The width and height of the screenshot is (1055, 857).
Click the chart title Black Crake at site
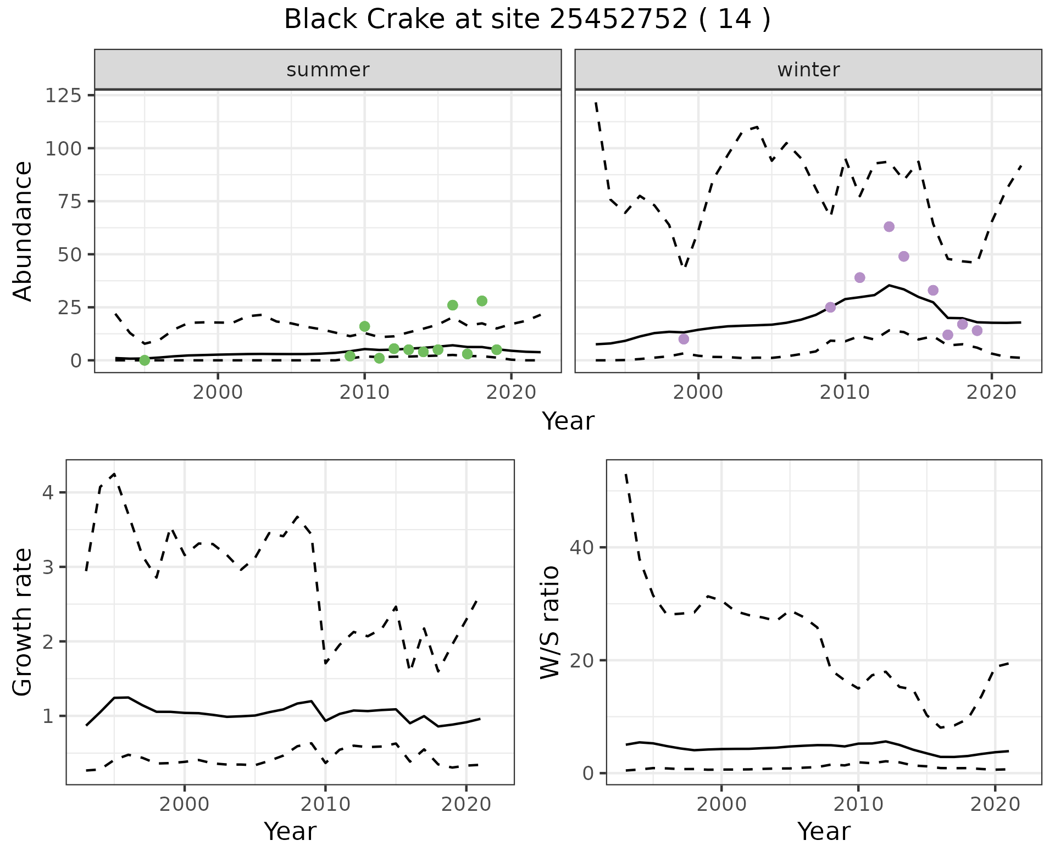(x=527, y=20)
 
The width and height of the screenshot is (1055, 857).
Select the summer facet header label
(x=327, y=70)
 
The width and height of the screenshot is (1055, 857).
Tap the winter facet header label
(x=808, y=70)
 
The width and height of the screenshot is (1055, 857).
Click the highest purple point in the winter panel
(x=889, y=227)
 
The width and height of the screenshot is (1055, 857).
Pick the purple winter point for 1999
(x=684, y=339)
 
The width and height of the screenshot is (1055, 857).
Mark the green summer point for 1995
(x=145, y=360)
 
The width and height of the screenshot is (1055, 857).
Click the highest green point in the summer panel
(x=482, y=301)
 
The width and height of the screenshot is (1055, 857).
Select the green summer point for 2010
(x=364, y=326)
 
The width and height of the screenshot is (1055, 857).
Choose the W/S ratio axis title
(x=549, y=622)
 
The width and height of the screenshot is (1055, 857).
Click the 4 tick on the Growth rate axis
(x=48, y=492)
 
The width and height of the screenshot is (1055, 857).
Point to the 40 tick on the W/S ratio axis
(x=581, y=548)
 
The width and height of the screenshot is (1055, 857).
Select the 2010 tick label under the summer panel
(x=364, y=393)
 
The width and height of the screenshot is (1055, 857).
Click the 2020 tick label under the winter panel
(x=991, y=393)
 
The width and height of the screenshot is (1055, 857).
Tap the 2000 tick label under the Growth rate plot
(x=185, y=804)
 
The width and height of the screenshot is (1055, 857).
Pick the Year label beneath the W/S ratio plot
(x=823, y=831)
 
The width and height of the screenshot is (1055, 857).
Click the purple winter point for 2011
(x=860, y=277)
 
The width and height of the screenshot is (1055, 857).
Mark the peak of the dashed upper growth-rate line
(x=114, y=474)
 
